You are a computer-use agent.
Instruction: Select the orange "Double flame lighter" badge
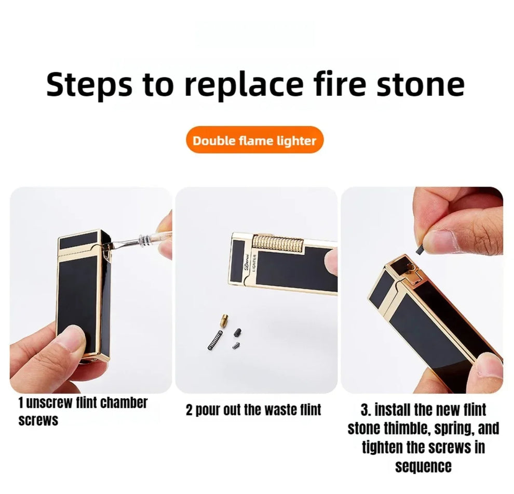254,140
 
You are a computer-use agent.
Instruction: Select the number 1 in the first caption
21,403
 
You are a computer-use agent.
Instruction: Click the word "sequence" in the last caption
423,466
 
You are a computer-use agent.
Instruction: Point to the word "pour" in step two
208,410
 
